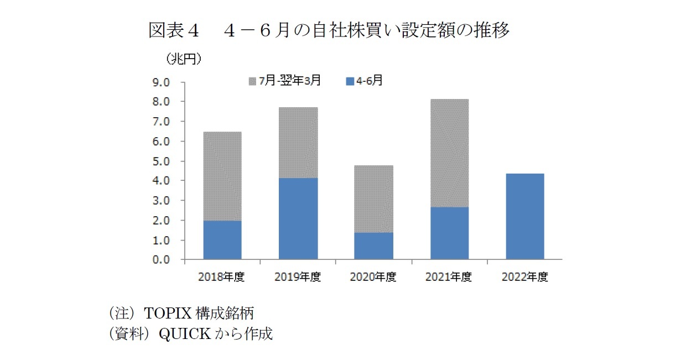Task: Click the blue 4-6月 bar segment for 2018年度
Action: [222, 240]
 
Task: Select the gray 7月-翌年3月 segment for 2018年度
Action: [222, 176]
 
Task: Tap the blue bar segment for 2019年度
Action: [298, 218]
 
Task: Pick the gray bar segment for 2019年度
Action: [298, 143]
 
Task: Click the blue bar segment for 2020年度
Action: [373, 246]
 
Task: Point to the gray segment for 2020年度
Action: [373, 199]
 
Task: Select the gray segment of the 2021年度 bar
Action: [449, 153]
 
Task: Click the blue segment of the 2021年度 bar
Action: [449, 233]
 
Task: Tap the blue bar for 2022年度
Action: [524, 216]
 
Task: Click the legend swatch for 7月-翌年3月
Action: [253, 81]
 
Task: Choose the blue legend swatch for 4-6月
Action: [349, 81]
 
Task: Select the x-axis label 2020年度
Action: [373, 278]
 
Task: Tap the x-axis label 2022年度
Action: [524, 278]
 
